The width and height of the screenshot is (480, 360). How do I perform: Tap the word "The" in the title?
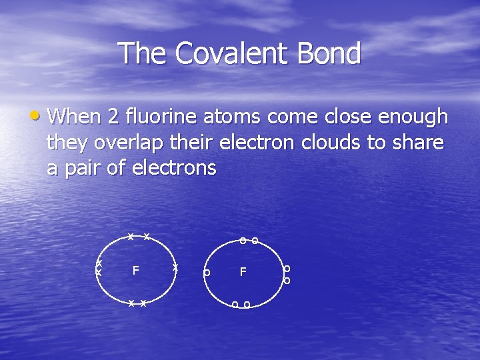pyautogui.click(x=143, y=53)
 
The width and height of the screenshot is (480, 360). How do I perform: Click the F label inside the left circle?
pyautogui.click(x=135, y=271)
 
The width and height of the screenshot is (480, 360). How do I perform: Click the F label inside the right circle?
pyautogui.click(x=243, y=272)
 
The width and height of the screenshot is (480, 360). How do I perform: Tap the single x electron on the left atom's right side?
pyautogui.click(x=175, y=267)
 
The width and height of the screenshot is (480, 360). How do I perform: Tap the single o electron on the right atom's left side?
pyautogui.click(x=207, y=273)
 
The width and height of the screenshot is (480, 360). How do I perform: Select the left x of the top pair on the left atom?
pyautogui.click(x=131, y=237)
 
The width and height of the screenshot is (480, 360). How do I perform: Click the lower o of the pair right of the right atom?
pyautogui.click(x=287, y=281)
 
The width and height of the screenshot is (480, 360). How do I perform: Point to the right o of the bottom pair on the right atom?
pyautogui.click(x=247, y=305)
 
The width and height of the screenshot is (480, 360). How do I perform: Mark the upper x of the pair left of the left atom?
pyautogui.click(x=99, y=263)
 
